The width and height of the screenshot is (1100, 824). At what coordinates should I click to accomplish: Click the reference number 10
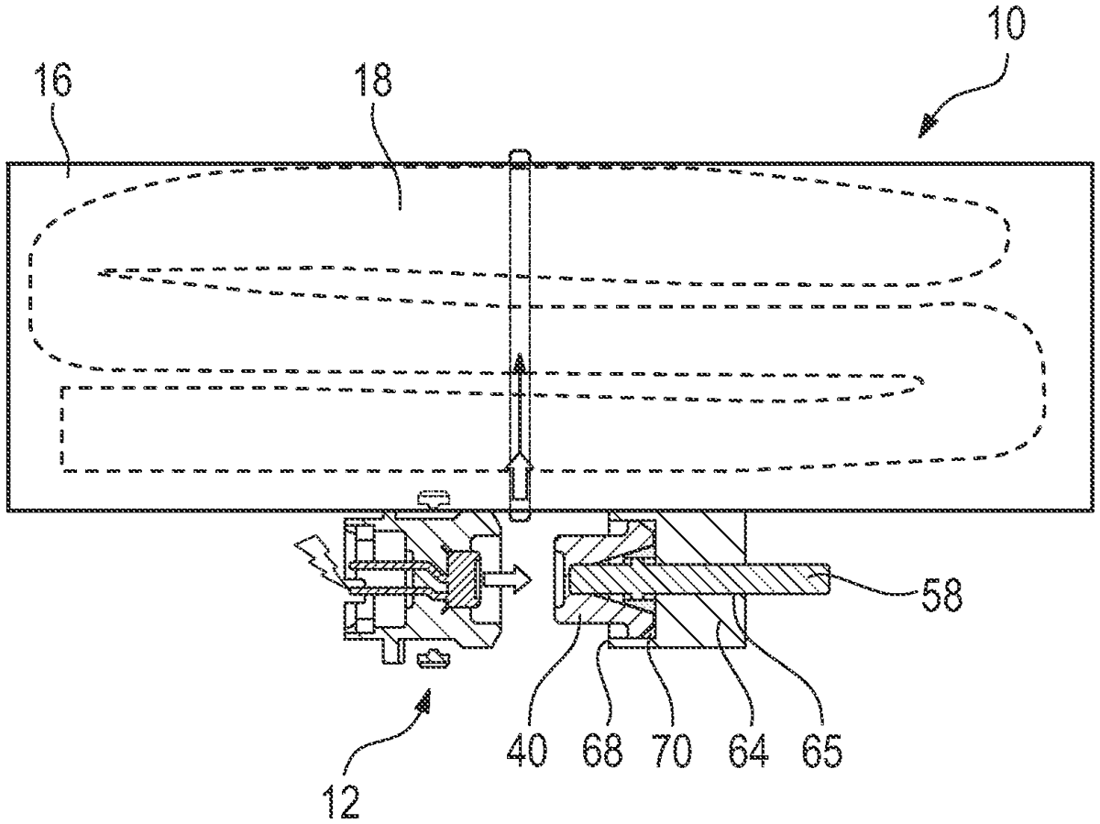coord(1006,23)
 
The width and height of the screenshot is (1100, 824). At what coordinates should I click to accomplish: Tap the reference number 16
coord(54,79)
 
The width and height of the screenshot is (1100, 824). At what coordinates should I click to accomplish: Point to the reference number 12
coord(342,801)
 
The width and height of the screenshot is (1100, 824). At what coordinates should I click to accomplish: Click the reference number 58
coord(942,595)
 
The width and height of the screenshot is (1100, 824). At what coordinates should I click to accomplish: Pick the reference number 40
coord(527,751)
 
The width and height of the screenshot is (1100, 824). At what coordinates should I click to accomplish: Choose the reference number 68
coord(602,751)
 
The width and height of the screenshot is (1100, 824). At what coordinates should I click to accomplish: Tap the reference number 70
coord(672,751)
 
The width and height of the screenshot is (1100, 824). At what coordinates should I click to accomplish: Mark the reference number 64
coord(748,751)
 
